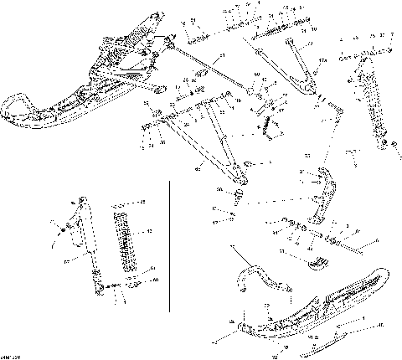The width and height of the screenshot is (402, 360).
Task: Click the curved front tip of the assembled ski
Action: point(10,106)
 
